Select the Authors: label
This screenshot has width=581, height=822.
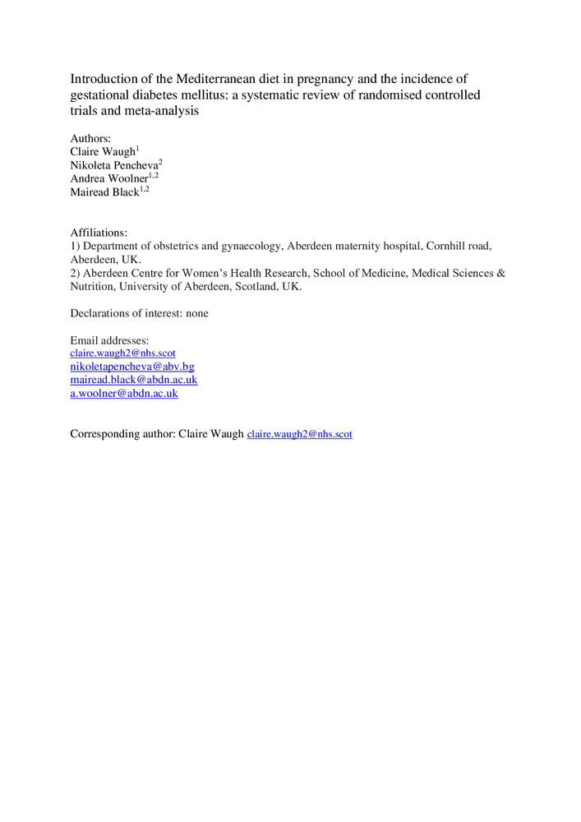coord(90,139)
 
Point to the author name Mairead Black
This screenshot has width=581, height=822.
coord(104,192)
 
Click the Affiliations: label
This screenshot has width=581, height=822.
coord(99,233)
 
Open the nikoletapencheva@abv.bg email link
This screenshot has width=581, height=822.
coord(132,367)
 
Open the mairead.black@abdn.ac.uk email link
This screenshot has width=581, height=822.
coord(134,380)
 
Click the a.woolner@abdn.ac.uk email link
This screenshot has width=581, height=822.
coord(124,393)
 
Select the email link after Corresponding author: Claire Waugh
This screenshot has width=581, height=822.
coord(299,434)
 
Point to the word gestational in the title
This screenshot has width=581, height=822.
coord(102,95)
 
